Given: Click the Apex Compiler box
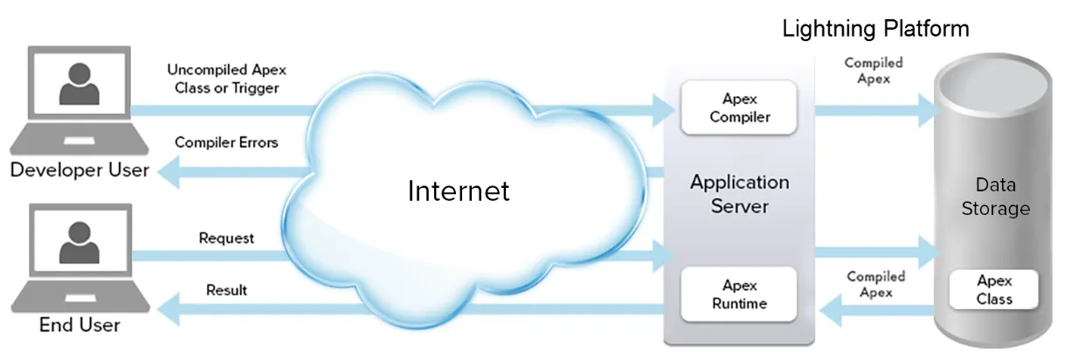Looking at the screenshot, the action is [739, 107].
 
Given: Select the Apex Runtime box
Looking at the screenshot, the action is [739, 294].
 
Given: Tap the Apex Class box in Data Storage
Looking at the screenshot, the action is [994, 290].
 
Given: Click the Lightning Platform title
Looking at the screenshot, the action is [875, 29].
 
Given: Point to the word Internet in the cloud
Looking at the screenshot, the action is [459, 190].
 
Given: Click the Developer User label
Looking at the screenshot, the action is [79, 170].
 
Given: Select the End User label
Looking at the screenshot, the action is [79, 325].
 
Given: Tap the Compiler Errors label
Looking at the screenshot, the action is [226, 142].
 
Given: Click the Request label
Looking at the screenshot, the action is [226, 238].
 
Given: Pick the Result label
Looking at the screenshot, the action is [226, 290].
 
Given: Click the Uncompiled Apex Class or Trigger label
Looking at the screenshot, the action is [226, 79].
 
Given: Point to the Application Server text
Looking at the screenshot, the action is [740, 194].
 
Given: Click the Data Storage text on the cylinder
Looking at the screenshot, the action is [996, 197].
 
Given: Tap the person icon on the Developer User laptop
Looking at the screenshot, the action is [79, 84].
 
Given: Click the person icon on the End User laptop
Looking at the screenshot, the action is [79, 242].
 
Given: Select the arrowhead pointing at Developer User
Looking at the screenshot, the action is [169, 172].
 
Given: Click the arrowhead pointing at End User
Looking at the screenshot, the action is [169, 309].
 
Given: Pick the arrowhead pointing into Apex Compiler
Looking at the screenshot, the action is [664, 110].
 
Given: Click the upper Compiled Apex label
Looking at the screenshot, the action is [874, 70].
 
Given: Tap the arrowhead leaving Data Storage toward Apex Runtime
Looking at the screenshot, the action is [831, 311].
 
